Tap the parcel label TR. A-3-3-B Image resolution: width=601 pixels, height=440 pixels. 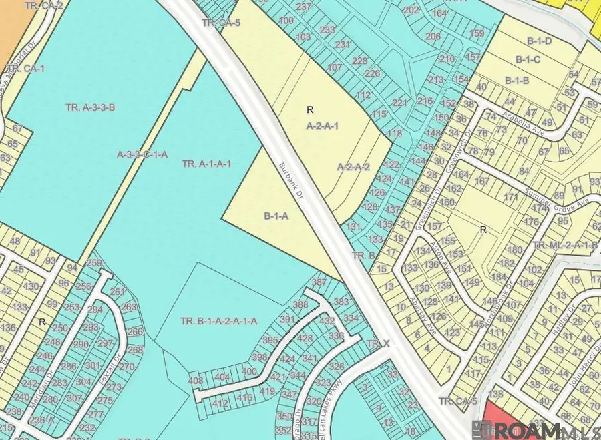(x=91, y=107)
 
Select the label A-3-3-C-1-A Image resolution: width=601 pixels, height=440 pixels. (x=142, y=154)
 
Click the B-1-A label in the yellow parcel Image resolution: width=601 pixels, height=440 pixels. (x=276, y=216)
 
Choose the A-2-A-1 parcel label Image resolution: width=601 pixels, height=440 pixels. (x=323, y=126)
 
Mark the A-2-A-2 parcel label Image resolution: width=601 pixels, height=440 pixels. (x=353, y=167)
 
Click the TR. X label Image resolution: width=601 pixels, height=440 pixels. (x=377, y=343)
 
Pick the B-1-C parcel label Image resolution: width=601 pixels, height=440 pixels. (x=527, y=60)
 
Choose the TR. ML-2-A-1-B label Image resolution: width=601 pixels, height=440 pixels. (x=565, y=245)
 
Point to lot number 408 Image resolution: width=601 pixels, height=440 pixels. (x=196, y=381)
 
